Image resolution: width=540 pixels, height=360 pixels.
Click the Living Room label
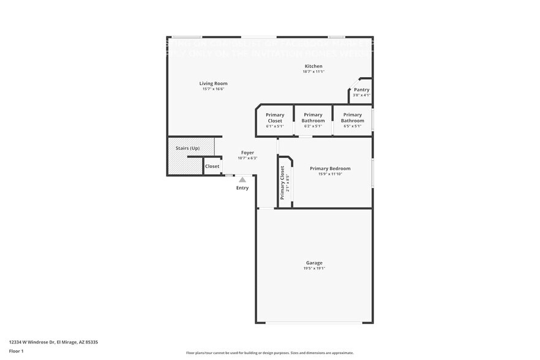(x=213, y=83)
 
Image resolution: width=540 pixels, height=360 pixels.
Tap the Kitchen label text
(x=313, y=66)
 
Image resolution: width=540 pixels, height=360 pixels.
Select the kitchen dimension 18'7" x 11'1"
(x=313, y=72)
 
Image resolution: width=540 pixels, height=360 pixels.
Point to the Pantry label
(x=361, y=90)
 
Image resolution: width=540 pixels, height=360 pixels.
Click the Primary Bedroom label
(x=330, y=168)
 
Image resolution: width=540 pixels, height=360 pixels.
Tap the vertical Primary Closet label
(x=282, y=182)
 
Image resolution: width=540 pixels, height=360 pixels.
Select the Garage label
(x=314, y=263)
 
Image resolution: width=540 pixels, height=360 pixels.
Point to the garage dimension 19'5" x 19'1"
(x=314, y=268)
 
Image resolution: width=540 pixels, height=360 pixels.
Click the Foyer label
(x=247, y=152)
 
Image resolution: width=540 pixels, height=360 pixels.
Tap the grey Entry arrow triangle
(x=242, y=179)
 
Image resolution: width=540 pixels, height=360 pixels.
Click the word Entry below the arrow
(x=242, y=187)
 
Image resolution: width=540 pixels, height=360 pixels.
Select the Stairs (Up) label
(x=187, y=148)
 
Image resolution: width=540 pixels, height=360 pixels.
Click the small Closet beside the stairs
(x=212, y=166)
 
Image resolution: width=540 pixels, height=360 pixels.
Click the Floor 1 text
(x=16, y=351)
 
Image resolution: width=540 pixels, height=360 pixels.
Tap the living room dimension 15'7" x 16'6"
(x=213, y=89)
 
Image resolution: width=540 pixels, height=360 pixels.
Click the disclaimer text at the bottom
(x=269, y=353)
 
